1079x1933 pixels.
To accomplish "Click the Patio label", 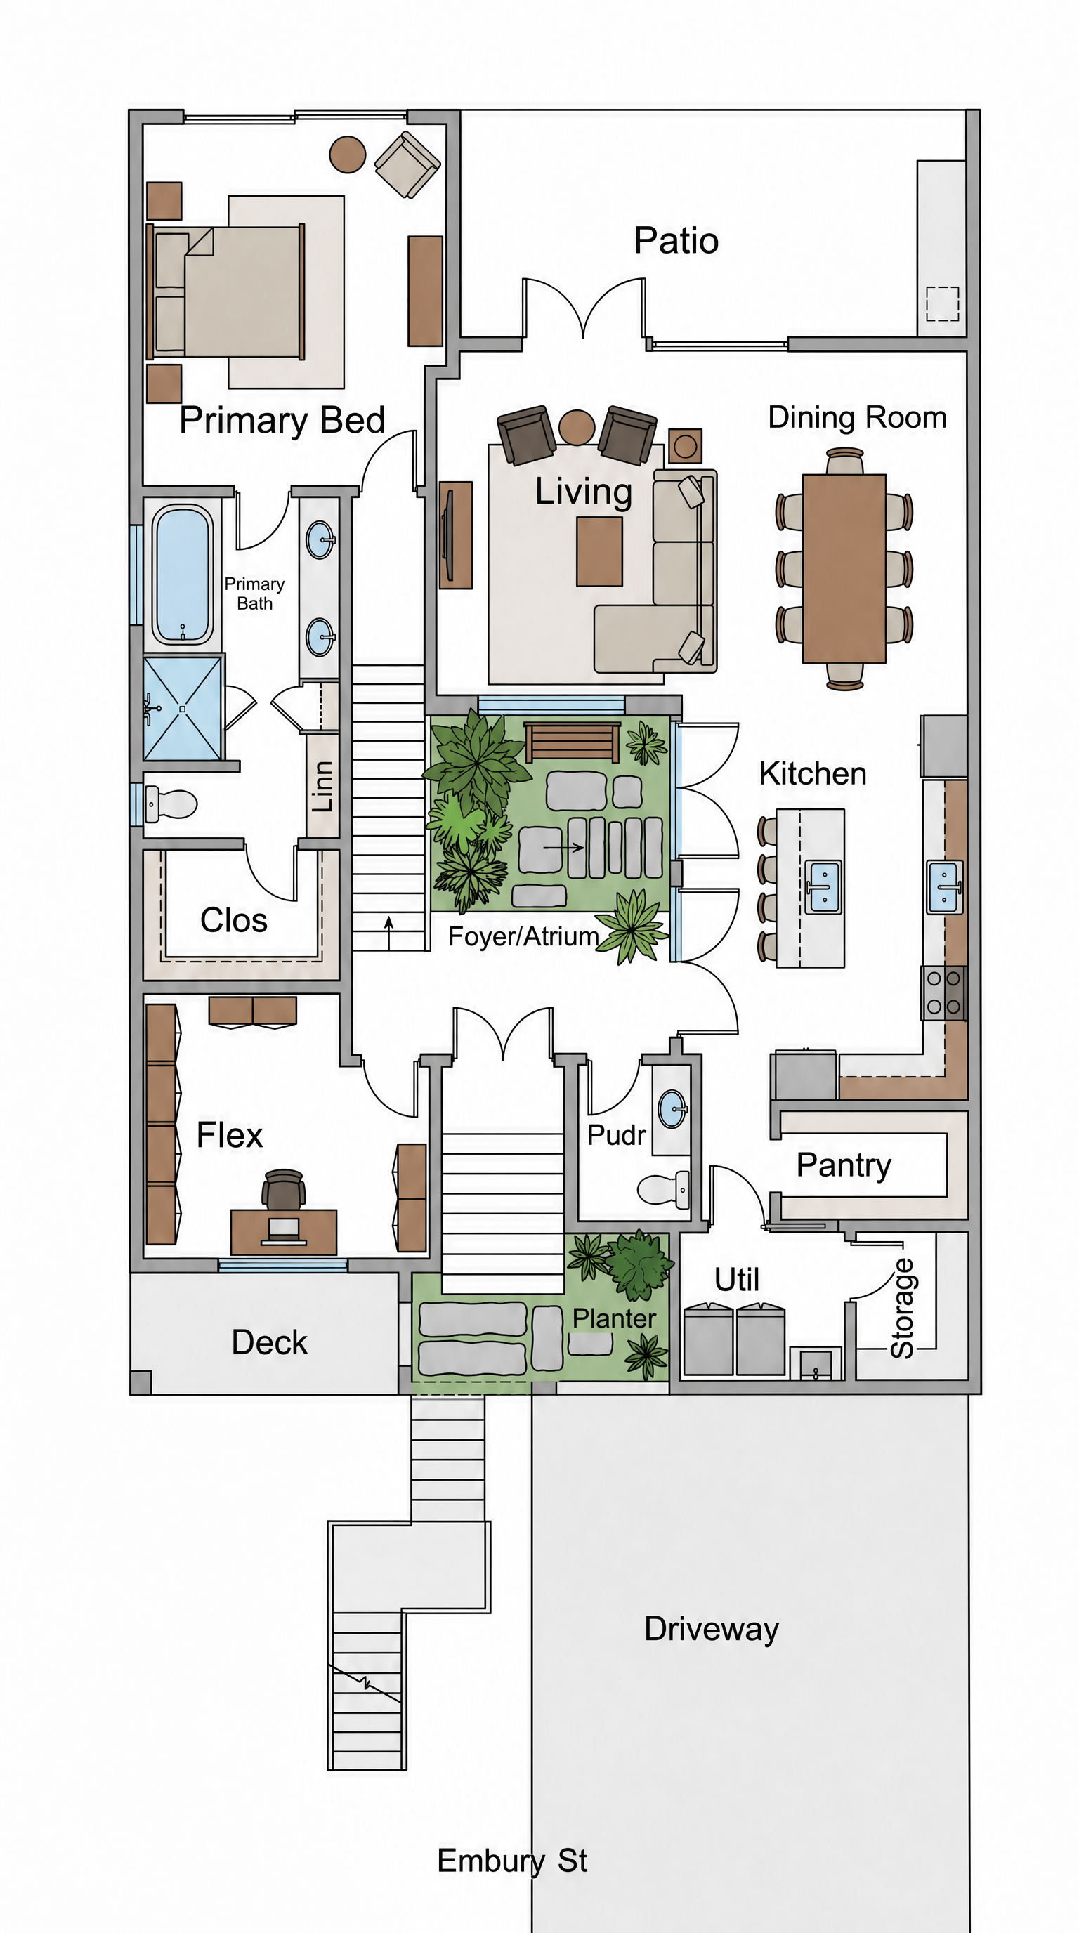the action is [676, 241].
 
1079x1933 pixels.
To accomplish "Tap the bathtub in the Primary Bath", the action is [183, 574].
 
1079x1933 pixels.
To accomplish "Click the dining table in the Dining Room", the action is [844, 568].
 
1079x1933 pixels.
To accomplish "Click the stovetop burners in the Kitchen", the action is [944, 992].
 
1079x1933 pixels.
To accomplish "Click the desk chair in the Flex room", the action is [283, 1188].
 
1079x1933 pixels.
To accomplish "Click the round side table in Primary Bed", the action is [348, 154].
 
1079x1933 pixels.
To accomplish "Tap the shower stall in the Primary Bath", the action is [183, 708].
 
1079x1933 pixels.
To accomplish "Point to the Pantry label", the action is [844, 1165].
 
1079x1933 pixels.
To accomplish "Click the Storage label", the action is [902, 1309].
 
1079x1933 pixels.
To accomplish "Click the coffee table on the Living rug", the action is [599, 551].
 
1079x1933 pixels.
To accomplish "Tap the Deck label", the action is [269, 1342].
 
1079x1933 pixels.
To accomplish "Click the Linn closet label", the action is [322, 786].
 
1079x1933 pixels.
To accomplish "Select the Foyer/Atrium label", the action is [524, 936].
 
